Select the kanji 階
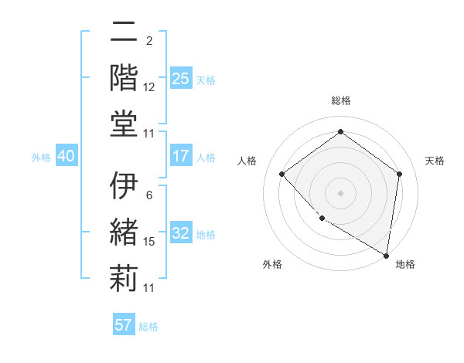[124, 77]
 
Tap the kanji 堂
[124, 124]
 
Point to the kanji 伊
[124, 185]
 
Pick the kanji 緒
[124, 232]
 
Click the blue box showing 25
[181, 79]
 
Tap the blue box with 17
[181, 156]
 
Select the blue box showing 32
[181, 234]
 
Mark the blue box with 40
[66, 156]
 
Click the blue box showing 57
[124, 325]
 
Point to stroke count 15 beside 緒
[149, 242]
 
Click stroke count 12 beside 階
[149, 87]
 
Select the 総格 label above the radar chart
[341, 100]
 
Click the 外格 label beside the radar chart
[272, 264]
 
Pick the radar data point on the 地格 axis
[386, 255]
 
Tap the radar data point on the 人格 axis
[282, 174]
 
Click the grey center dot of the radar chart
[341, 192]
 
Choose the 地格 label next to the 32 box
[206, 235]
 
